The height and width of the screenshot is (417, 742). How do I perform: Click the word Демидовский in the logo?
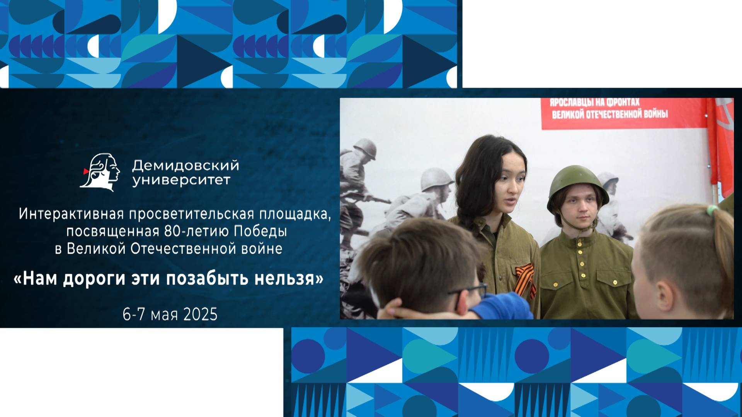point(185,166)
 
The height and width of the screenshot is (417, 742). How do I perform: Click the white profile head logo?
point(102,172)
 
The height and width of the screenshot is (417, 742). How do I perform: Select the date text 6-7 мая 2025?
point(170,315)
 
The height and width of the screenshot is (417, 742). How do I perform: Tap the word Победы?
point(260,231)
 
